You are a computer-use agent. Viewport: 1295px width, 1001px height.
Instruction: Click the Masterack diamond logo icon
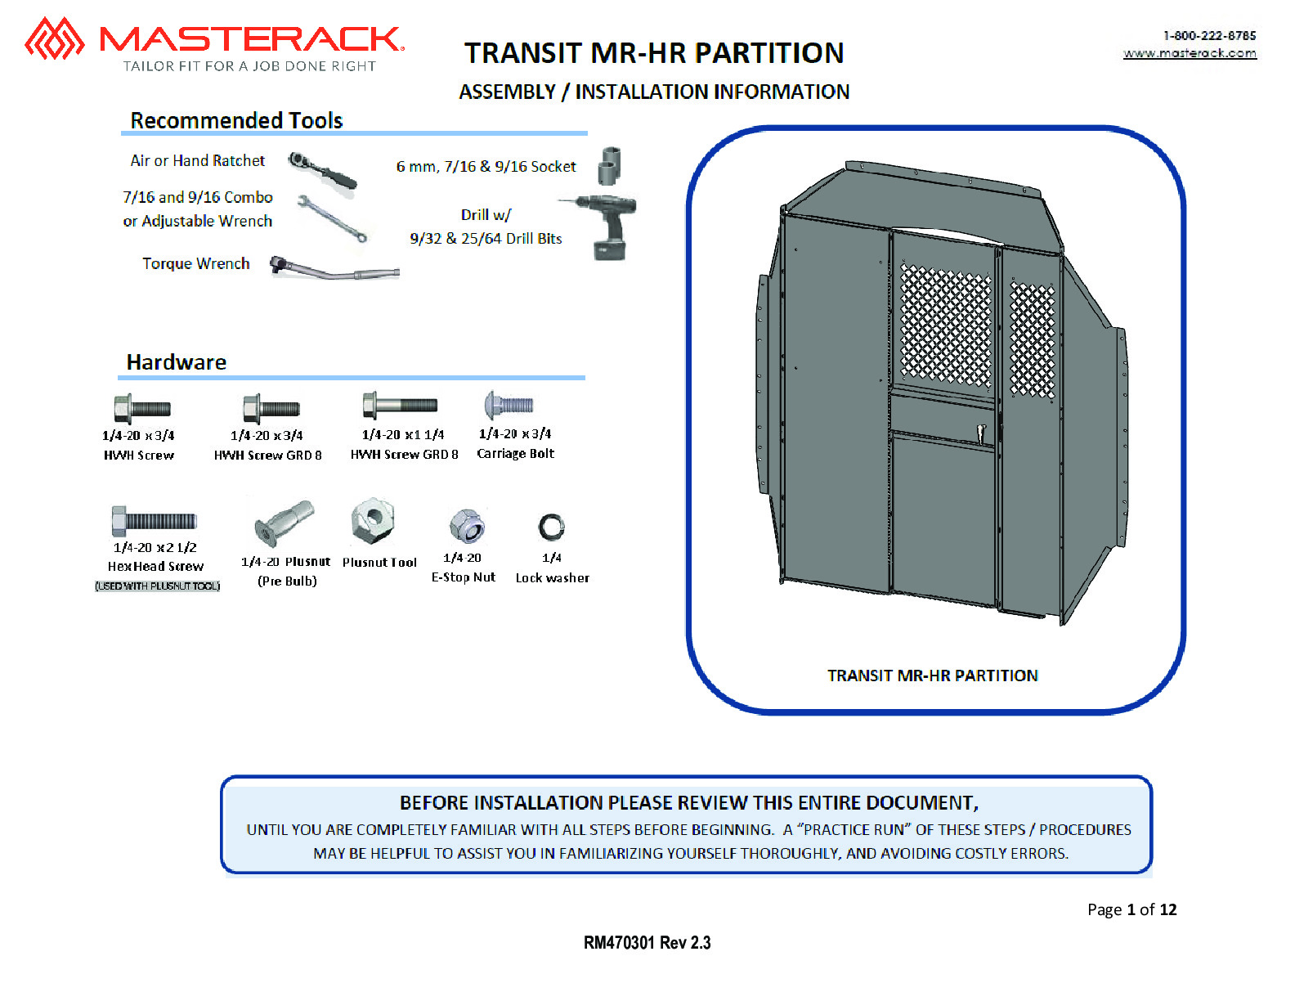(x=54, y=38)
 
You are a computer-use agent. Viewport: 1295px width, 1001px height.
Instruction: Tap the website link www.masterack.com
(x=1190, y=53)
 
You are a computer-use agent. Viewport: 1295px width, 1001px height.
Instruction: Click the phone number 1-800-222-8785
(x=1209, y=36)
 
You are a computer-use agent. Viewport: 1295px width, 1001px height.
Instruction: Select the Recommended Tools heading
(x=236, y=120)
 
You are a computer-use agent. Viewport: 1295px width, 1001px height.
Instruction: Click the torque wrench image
(x=334, y=268)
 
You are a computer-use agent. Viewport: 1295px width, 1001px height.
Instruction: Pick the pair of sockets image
(x=609, y=165)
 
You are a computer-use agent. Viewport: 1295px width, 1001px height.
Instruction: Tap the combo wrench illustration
(x=332, y=218)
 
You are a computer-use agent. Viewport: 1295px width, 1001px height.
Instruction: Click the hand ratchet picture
(x=322, y=170)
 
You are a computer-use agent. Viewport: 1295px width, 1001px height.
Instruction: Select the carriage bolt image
(x=509, y=406)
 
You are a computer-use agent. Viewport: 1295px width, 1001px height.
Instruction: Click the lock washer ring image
(x=551, y=527)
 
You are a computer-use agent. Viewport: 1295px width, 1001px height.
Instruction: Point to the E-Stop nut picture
(x=467, y=526)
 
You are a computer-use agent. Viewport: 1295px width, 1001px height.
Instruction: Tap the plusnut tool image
(x=373, y=520)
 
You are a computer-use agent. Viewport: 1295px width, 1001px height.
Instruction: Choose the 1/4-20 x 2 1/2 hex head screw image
(x=154, y=520)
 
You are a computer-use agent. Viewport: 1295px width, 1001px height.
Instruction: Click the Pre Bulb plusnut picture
(x=285, y=523)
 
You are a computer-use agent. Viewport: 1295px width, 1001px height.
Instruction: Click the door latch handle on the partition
(x=981, y=433)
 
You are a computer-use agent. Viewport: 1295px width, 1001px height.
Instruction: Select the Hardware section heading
(x=177, y=362)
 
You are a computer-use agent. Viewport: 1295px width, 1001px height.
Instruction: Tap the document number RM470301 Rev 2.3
(x=647, y=943)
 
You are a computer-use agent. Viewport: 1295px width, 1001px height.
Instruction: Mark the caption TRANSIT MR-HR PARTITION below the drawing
(x=933, y=676)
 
